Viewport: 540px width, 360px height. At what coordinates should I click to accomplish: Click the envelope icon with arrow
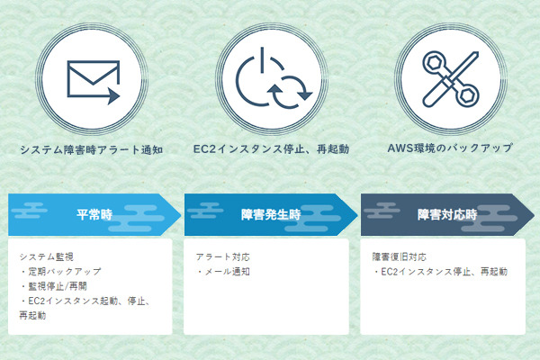tap(94, 82)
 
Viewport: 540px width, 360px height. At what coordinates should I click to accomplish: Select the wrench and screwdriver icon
tap(451, 79)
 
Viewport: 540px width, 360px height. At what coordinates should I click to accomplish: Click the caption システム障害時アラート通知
tap(91, 150)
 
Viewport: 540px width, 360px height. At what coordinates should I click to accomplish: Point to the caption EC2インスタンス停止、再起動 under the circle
tap(271, 149)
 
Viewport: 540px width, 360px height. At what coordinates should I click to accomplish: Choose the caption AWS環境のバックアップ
tap(450, 148)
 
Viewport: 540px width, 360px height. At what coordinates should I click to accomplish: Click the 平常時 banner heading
tap(94, 214)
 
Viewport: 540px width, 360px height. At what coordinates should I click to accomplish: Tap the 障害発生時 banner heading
tap(271, 214)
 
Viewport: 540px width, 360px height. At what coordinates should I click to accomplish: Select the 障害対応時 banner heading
tap(447, 214)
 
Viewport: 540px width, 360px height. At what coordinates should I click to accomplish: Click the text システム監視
tap(46, 257)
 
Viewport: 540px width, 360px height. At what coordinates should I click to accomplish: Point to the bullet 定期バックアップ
tap(60, 272)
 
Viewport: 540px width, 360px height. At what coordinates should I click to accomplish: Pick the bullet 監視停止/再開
tap(53, 286)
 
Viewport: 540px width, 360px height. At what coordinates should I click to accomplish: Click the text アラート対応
tap(223, 257)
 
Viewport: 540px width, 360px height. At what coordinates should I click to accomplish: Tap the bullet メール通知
tap(223, 272)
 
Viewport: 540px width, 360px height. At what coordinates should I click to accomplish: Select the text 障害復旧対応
tap(399, 257)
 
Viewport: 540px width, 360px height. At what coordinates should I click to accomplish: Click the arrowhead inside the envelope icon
tap(113, 95)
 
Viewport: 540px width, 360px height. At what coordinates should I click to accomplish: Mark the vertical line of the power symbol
tap(262, 59)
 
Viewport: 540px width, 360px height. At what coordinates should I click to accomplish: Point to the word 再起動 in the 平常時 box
tap(32, 316)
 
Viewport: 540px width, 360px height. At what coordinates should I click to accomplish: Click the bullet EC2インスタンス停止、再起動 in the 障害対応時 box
tap(440, 272)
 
